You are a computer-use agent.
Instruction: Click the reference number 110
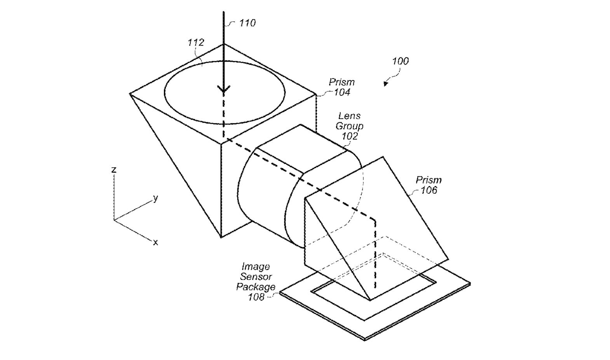[x=247, y=23]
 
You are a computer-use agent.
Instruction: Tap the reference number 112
[x=196, y=42]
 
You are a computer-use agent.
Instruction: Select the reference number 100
[x=400, y=61]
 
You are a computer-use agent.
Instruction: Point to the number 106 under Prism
[x=429, y=190]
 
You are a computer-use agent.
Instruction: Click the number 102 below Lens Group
[x=349, y=136]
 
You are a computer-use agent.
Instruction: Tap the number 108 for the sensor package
[x=256, y=297]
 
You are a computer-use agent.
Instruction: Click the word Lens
[x=349, y=116]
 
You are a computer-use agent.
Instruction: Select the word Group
[x=349, y=126]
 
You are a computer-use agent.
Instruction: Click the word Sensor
[x=256, y=277]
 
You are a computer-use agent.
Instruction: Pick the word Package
[x=256, y=287]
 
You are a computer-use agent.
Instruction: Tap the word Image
[x=256, y=267]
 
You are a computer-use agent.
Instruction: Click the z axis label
[x=114, y=170]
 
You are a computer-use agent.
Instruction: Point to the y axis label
[x=156, y=198]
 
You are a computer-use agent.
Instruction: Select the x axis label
[x=156, y=243]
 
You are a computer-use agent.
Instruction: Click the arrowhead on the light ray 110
[x=224, y=90]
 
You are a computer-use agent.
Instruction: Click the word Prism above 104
[x=342, y=82]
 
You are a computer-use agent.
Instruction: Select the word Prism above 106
[x=429, y=180]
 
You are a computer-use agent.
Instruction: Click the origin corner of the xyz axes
[x=114, y=220]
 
